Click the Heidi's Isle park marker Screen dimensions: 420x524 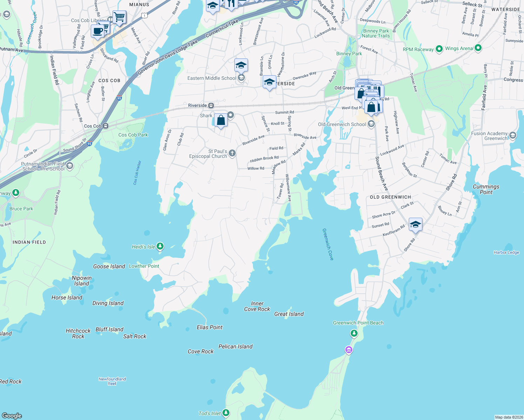coord(160,246)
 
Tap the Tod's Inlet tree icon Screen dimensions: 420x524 coord(226,413)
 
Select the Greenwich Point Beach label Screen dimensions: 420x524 coord(358,323)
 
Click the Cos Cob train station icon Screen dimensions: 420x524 coord(105,126)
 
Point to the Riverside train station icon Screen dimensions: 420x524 coord(211,105)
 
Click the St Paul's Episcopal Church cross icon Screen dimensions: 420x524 coord(232,153)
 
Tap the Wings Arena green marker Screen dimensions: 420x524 coord(478,48)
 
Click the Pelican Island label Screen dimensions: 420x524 coord(235,346)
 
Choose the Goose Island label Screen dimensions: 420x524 coord(109,266)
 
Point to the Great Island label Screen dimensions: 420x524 coord(289,314)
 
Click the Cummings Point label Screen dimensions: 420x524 coord(486,189)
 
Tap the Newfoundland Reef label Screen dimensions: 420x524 coord(112,381)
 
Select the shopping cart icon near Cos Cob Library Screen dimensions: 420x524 coord(119,16)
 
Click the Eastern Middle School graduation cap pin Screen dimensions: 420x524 coord(241,65)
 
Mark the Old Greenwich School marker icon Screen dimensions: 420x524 coord(371,124)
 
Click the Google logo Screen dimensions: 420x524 coord(12,415)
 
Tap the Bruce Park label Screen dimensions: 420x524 coord(21,209)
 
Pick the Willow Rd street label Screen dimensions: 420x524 coord(256,168)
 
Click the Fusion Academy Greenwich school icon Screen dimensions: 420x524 coord(513,135)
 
